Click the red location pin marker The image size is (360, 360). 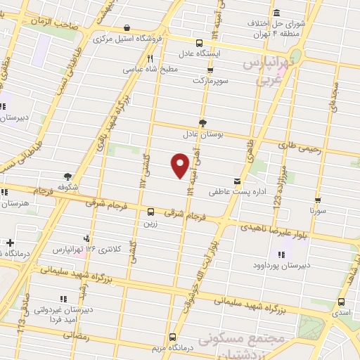pos(181,165)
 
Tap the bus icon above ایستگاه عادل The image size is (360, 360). pos(215,33)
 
